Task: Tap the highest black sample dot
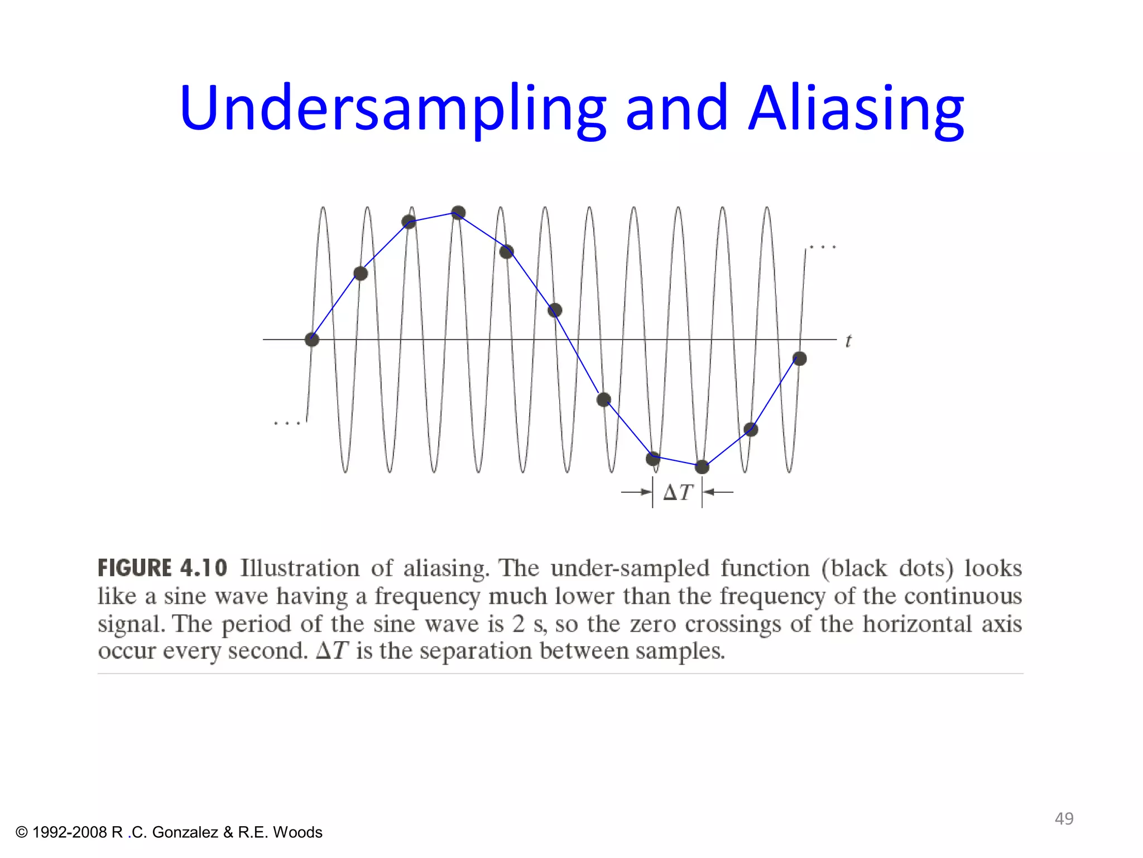click(458, 213)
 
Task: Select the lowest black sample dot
click(702, 466)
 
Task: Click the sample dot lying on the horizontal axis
click(312, 339)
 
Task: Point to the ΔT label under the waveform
click(678, 492)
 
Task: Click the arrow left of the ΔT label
click(636, 492)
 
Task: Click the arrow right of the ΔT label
click(718, 492)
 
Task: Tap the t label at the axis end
click(848, 341)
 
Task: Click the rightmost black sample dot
click(799, 359)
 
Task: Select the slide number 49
click(1064, 818)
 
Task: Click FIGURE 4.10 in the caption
click(162, 568)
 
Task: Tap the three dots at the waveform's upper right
click(823, 247)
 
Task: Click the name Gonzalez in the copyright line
click(185, 832)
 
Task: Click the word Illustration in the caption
click(300, 568)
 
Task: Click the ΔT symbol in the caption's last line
click(332, 651)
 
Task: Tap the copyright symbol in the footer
click(22, 832)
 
